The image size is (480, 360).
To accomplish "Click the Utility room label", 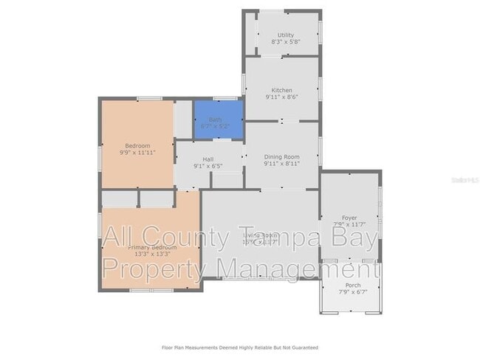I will click(x=285, y=35).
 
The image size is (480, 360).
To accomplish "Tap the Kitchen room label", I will click(x=282, y=90).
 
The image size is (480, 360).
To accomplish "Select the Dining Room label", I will click(x=282, y=156).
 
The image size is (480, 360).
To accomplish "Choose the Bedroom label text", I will click(x=137, y=145).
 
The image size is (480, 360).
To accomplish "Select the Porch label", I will click(x=353, y=285).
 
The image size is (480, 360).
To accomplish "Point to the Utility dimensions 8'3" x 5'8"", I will click(x=285, y=43).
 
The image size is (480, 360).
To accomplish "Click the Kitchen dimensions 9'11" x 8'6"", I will click(x=282, y=97).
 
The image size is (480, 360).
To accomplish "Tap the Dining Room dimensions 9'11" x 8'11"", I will click(x=282, y=164).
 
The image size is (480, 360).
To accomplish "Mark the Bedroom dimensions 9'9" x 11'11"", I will click(x=137, y=153).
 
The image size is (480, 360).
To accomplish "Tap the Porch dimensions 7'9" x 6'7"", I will click(x=353, y=292).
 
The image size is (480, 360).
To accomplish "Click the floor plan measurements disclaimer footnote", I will click(x=240, y=347).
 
